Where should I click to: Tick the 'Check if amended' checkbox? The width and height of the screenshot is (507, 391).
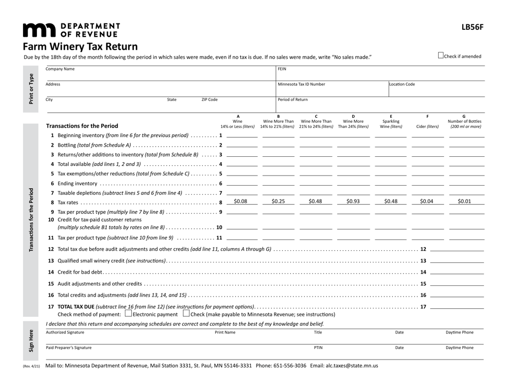(x=440, y=55)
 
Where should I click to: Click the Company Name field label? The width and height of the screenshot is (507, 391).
(x=60, y=69)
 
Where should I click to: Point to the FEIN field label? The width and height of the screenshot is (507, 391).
(x=282, y=69)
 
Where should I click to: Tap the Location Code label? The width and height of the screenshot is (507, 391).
(x=402, y=84)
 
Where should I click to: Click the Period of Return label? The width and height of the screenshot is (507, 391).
(x=292, y=100)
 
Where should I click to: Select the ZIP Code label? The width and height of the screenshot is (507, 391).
(x=209, y=100)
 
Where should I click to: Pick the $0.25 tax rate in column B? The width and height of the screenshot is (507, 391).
(x=278, y=202)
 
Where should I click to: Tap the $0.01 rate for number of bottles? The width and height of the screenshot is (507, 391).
(x=464, y=202)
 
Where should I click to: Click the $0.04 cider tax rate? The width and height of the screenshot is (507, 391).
(x=426, y=202)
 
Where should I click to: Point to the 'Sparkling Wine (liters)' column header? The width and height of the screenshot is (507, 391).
(x=391, y=123)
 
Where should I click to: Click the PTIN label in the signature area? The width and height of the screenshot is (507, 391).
(x=318, y=347)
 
